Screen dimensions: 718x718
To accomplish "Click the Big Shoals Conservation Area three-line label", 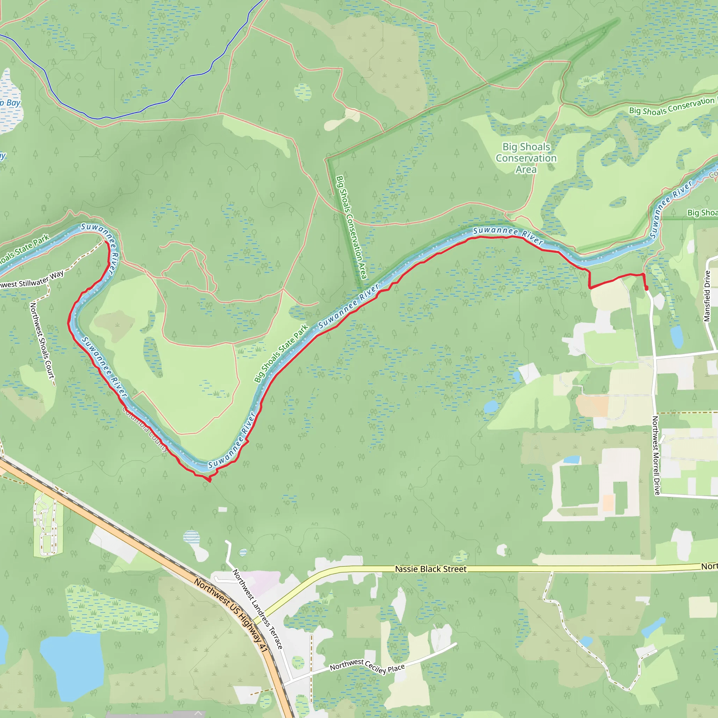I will (x=526, y=158).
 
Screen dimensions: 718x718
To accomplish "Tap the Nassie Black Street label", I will (x=431, y=569).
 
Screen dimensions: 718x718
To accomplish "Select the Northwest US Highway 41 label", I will (x=231, y=615).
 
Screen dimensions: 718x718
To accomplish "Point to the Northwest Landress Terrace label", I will (x=258, y=609).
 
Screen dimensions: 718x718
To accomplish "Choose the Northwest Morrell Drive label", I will (x=656, y=455).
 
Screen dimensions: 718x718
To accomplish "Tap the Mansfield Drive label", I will (x=707, y=296).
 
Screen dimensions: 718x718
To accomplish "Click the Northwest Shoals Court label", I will (x=42, y=340).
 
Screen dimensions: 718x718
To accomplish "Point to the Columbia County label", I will (x=145, y=429).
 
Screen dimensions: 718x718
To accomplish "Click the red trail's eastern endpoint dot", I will (x=646, y=289).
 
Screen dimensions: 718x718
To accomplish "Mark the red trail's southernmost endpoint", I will (x=210, y=481).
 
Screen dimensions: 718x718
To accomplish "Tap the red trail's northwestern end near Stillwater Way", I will (x=107, y=242).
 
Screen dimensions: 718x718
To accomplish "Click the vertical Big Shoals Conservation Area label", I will (x=351, y=227).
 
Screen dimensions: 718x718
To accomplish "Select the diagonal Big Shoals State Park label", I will (x=281, y=353).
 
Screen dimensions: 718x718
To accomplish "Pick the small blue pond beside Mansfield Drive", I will (x=677, y=337).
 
